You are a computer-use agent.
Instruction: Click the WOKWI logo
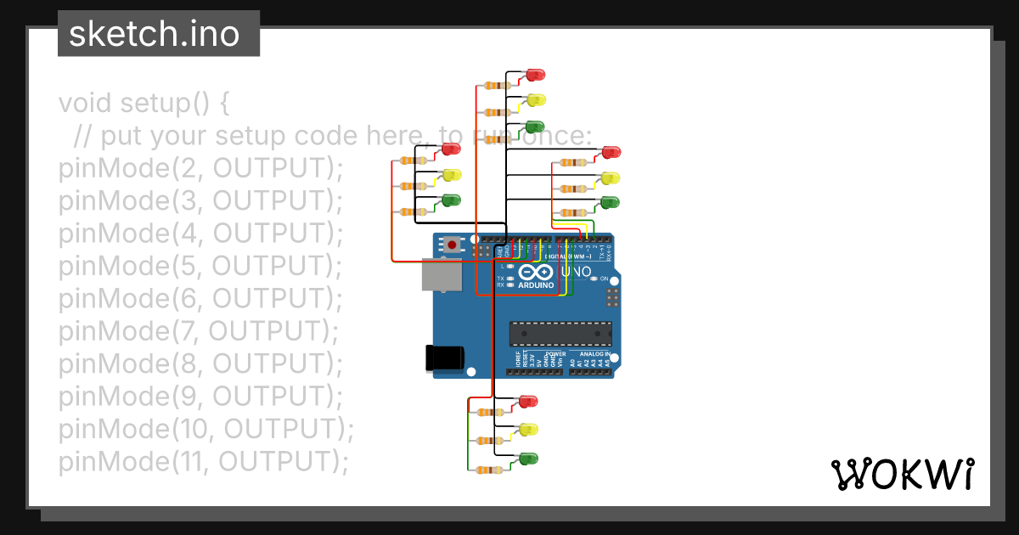point(902,474)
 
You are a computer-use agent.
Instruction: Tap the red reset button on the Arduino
point(452,245)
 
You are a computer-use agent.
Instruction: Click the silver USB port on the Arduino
point(442,275)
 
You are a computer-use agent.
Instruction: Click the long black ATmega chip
point(560,334)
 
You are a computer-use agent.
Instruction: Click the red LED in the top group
point(536,75)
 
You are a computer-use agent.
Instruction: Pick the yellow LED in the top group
point(536,100)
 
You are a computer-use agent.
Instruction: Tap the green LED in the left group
point(451,200)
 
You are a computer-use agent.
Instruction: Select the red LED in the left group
point(451,149)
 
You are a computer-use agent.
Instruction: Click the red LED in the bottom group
point(528,401)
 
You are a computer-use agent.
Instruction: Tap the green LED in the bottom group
point(528,459)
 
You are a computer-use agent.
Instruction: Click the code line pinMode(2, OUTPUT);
point(200,168)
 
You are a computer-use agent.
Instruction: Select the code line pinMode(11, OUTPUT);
point(204,461)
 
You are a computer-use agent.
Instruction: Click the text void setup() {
point(144,104)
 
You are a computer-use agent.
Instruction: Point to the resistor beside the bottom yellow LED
point(487,441)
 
